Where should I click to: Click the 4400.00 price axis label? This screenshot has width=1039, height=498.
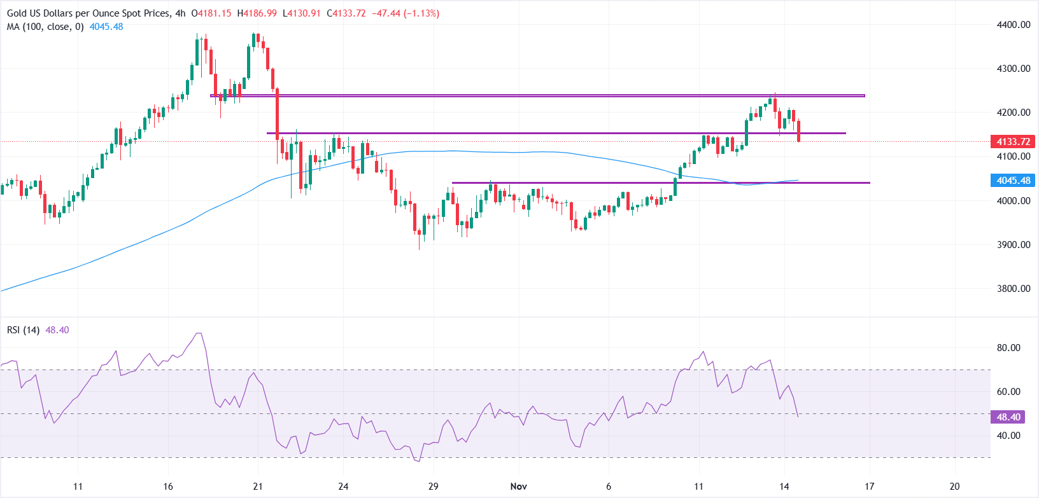point(1013,25)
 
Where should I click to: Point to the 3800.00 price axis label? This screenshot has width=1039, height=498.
point(1013,289)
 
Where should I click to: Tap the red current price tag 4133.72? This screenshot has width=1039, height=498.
point(1013,142)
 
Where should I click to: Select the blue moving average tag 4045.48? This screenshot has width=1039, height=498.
point(1013,181)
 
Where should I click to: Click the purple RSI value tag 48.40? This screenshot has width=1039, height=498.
point(1008,417)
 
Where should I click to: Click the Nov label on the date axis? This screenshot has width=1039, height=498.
point(519,487)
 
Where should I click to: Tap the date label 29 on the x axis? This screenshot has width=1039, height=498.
point(434,487)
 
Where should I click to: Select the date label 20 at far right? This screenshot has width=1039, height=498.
point(954,487)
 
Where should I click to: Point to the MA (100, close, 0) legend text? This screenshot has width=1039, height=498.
point(45,27)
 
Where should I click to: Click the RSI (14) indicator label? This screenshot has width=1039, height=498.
point(24,330)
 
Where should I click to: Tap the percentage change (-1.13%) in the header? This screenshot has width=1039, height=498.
point(417,13)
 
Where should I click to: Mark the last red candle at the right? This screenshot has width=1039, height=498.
point(798,130)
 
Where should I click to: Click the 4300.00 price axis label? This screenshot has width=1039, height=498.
point(1013,69)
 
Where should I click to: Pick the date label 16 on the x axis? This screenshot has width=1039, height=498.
point(167,487)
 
